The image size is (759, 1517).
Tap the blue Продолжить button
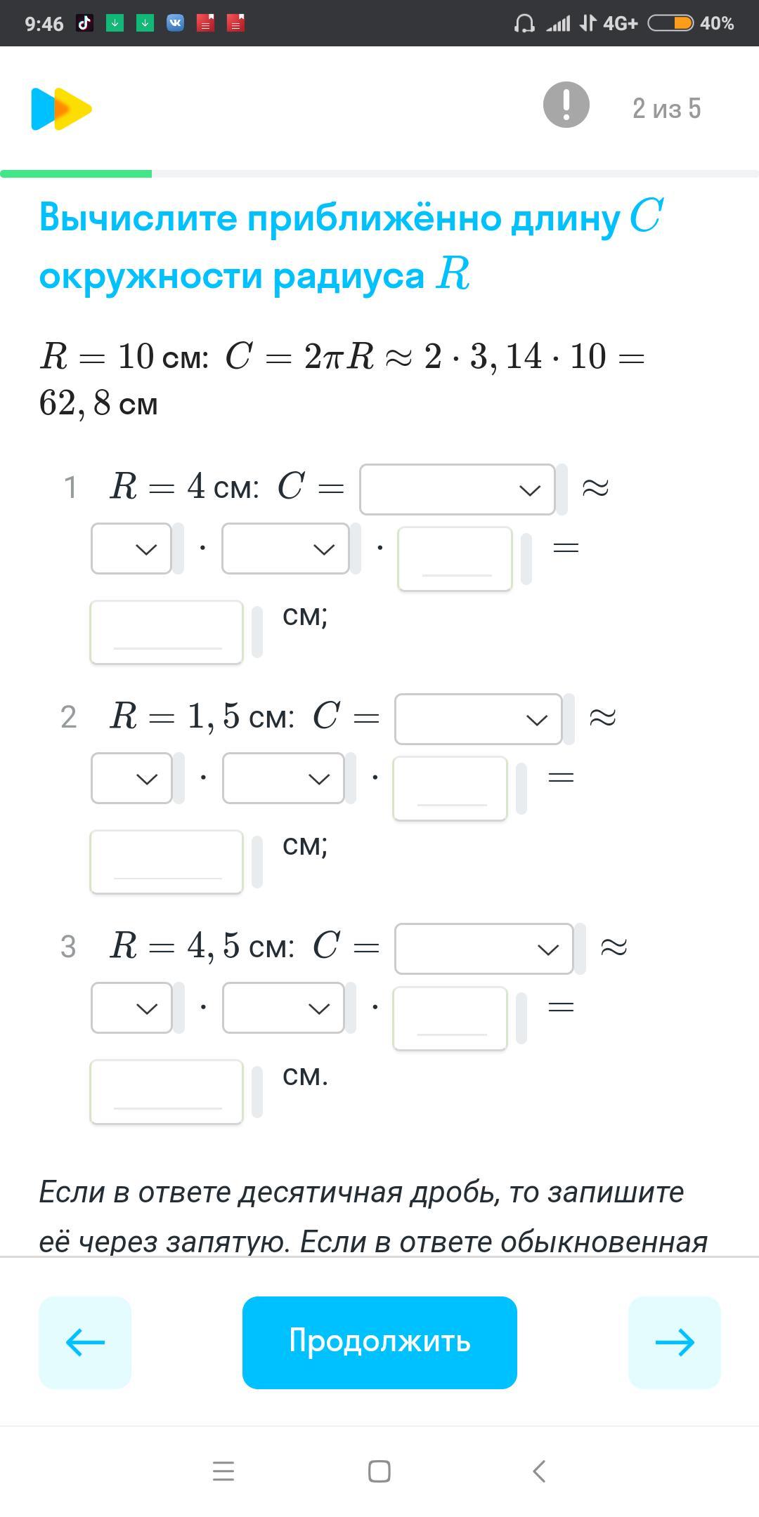click(379, 1342)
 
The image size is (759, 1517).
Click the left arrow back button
click(85, 1342)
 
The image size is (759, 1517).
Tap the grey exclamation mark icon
click(566, 105)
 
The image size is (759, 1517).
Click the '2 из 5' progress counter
click(666, 108)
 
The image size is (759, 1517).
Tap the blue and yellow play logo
click(61, 109)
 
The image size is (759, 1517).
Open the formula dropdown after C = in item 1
click(457, 489)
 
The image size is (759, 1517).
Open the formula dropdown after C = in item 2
click(478, 718)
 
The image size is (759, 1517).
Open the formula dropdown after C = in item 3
click(484, 948)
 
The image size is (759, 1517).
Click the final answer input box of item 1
click(167, 631)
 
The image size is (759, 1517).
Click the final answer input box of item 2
click(167, 862)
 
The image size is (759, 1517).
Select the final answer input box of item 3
click(167, 1091)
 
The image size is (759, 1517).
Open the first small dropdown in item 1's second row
click(131, 549)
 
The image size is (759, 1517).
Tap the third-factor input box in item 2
click(450, 788)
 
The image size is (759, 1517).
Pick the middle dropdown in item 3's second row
click(283, 1008)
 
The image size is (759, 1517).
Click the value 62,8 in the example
click(74, 404)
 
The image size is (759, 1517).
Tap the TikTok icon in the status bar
click(85, 23)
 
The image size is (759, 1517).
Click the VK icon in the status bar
click(175, 23)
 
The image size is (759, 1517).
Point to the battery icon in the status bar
click(670, 23)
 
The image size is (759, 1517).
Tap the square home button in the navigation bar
click(379, 1471)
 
